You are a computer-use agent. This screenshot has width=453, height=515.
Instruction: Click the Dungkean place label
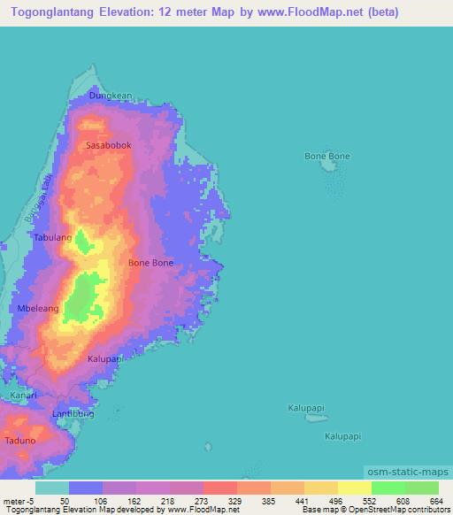110,96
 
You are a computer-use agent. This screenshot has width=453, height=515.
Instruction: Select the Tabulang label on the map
52,238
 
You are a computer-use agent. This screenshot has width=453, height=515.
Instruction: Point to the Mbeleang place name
38,308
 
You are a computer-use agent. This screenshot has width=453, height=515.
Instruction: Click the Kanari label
24,395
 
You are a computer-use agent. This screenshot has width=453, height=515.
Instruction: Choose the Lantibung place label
73,413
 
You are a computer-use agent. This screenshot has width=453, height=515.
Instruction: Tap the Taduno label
20,440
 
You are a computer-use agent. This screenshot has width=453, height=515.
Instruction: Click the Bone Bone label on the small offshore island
327,157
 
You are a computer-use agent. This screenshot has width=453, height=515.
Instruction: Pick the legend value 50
64,500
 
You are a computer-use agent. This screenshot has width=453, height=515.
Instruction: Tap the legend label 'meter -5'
18,500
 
